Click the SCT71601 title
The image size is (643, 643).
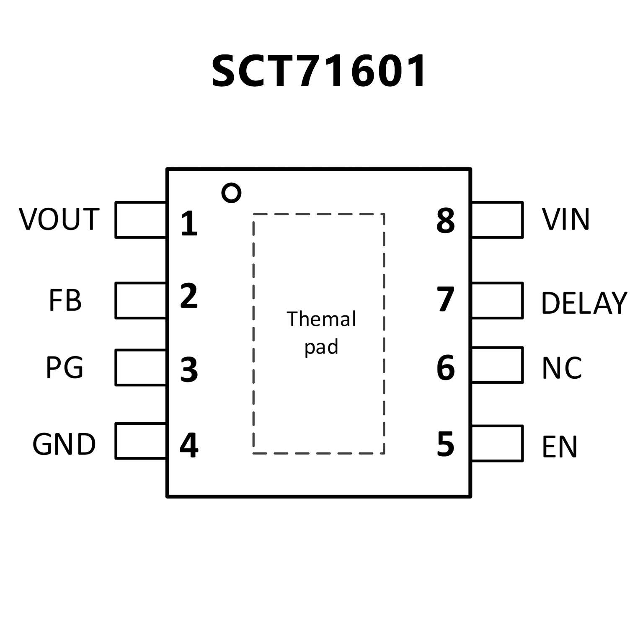[319, 71]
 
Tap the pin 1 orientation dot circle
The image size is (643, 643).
[231, 193]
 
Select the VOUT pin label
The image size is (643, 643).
[59, 219]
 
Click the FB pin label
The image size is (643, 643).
[65, 300]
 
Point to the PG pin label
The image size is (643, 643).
[65, 367]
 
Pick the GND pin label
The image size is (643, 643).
[64, 444]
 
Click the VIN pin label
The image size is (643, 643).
[566, 219]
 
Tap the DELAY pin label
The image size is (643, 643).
[584, 303]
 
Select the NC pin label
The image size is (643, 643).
[562, 368]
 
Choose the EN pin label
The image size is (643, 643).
[560, 447]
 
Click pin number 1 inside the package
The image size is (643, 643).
[189, 223]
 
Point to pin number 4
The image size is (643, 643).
[189, 445]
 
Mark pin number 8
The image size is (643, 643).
[445, 221]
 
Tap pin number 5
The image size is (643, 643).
[445, 444]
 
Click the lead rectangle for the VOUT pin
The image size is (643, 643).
[140, 220]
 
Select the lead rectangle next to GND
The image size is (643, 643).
[140, 441]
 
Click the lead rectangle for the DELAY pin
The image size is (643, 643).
[498, 300]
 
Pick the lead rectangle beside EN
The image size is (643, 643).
[498, 443]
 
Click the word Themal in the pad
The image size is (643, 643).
[321, 319]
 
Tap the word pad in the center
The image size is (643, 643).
[321, 347]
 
